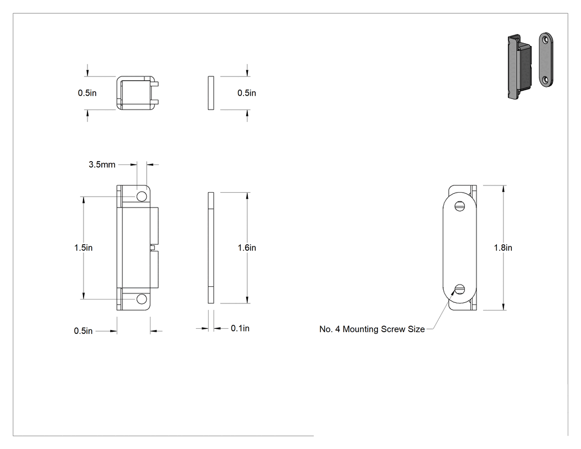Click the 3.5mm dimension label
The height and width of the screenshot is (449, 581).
(x=102, y=164)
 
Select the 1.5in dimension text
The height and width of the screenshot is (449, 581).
(x=84, y=247)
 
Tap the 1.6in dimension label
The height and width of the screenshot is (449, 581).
(x=247, y=247)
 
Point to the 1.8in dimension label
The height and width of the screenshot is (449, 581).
(x=503, y=247)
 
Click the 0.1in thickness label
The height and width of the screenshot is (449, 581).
(x=240, y=328)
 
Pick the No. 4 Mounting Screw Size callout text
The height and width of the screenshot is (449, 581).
(x=372, y=329)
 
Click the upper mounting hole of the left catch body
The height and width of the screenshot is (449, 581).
(x=142, y=197)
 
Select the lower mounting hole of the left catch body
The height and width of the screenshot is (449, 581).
(x=142, y=299)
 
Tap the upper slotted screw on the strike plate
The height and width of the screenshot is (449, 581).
(x=459, y=206)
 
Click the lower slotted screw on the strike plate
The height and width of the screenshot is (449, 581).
(x=459, y=289)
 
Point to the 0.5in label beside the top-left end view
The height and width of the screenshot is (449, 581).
(x=87, y=93)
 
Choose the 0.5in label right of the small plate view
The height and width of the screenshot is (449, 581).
(x=247, y=93)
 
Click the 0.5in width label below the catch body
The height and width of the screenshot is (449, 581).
(x=84, y=331)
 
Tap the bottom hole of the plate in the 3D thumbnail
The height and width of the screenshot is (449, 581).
(x=546, y=79)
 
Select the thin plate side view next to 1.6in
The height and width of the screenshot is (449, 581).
(x=211, y=247)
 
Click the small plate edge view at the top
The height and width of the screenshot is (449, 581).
(x=211, y=93)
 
